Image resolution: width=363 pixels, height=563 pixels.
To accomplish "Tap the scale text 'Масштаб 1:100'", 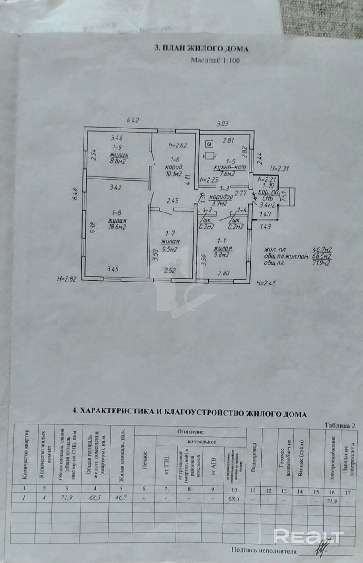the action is (215, 61).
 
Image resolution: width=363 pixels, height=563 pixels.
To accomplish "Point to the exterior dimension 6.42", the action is (132, 120).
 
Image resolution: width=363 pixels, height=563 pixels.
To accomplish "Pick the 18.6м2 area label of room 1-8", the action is (119, 227).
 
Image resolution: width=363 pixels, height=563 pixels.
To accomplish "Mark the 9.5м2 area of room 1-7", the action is (169, 249).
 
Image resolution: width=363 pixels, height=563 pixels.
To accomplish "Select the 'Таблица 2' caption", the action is (339, 425).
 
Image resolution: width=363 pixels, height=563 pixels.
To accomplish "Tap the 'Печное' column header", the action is (144, 460).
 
